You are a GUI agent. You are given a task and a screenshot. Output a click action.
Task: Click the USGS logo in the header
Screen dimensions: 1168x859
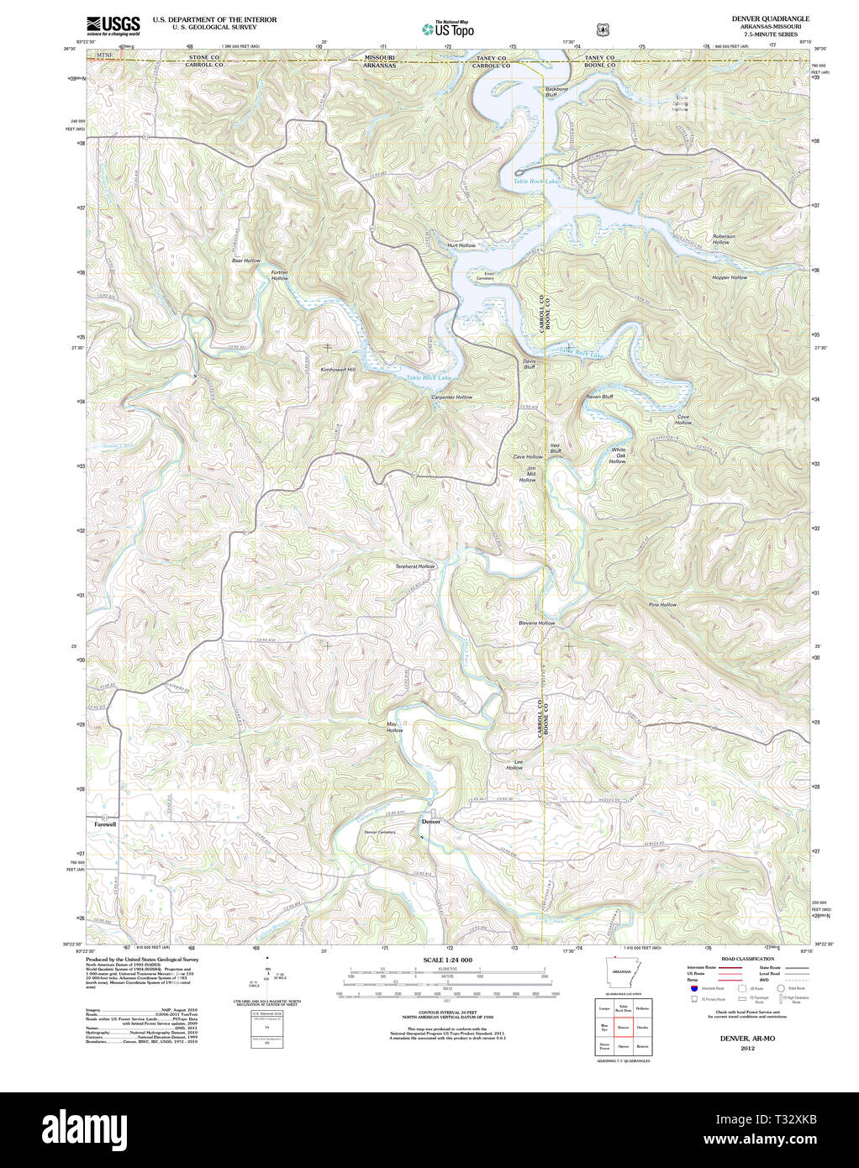113,24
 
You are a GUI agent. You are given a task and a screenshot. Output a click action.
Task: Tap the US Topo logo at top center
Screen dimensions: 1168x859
448,29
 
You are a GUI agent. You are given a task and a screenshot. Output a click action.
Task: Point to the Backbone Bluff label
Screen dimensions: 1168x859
556,92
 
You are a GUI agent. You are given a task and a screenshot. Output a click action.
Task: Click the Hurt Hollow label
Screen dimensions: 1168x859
461,245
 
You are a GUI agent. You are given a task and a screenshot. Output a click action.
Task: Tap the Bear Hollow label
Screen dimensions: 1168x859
246,261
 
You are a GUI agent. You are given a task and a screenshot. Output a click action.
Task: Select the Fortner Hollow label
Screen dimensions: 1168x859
280,275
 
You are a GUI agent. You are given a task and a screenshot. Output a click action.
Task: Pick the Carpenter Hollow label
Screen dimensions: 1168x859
452,397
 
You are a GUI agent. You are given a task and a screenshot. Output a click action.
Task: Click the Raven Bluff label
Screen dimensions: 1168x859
599,397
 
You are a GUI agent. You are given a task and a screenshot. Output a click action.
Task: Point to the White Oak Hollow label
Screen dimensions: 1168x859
619,455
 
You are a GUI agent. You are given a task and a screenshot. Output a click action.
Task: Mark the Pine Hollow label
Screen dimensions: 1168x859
662,604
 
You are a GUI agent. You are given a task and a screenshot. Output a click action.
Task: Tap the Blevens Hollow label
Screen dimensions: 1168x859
536,623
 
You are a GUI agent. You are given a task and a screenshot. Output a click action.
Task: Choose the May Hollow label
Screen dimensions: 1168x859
394,727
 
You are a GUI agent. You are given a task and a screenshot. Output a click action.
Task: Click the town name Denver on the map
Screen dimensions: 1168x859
430,822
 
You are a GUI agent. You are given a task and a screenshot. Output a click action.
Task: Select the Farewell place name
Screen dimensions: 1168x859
105,825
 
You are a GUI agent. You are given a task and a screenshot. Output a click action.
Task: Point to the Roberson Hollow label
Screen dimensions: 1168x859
723,239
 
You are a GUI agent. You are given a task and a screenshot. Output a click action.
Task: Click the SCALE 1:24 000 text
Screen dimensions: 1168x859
447,960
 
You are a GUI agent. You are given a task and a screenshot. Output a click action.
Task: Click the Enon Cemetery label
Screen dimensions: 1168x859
485,275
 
